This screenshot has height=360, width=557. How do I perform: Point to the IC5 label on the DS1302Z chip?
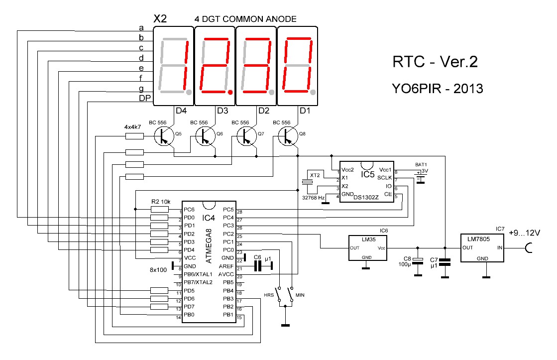368,175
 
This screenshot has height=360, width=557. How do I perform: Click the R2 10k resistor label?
161,201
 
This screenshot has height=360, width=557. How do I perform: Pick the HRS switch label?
269,295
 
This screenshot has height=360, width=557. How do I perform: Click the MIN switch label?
300,295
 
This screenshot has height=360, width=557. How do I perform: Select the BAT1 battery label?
421,164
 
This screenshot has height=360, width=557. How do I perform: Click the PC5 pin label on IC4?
228,210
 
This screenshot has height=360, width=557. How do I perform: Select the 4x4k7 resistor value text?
133,127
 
